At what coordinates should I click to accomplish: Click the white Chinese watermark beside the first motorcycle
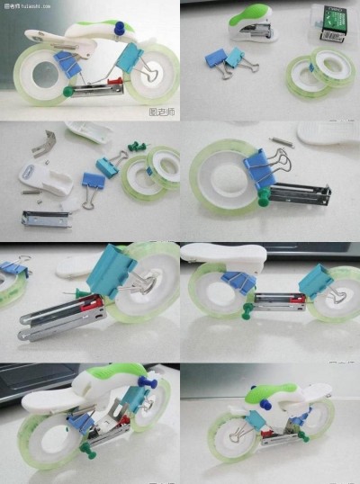click(x=162, y=113)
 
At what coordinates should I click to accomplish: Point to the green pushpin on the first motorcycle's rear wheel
click(x=67, y=90)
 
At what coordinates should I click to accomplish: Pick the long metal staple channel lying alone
click(x=46, y=219)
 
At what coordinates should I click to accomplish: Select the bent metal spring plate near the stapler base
click(x=43, y=141)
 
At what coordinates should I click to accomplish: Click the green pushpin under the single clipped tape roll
click(x=263, y=199)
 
